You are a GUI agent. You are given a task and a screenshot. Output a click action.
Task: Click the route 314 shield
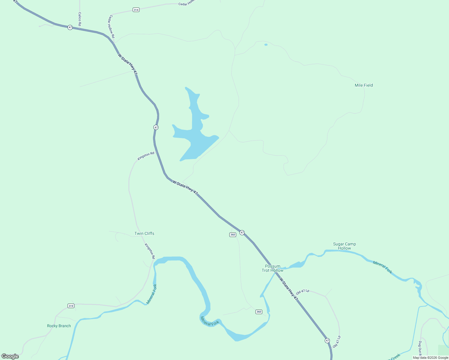136,10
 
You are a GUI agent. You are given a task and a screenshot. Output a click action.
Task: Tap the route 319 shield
71,306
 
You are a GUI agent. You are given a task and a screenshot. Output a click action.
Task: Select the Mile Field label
364,85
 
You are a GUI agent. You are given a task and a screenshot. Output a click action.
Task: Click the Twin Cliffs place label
144,233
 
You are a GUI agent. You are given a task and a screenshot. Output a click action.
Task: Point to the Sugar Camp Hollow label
344,246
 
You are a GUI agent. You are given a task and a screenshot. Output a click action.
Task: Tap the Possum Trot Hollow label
273,268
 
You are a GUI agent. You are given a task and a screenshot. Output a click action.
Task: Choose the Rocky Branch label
59,326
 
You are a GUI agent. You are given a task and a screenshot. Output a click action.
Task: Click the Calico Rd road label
80,19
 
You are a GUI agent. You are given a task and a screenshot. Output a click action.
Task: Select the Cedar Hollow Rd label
111,26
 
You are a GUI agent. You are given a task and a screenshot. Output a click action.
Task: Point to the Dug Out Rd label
420,347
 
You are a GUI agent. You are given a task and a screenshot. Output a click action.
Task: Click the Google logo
10,356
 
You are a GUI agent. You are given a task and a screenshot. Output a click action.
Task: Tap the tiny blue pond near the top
266,45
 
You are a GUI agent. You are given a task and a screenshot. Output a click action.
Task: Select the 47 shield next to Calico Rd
70,27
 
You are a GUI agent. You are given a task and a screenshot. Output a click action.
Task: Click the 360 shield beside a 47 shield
233,235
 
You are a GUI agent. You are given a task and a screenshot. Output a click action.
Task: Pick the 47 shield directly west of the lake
156,127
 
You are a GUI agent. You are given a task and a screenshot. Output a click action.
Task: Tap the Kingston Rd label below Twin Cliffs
149,251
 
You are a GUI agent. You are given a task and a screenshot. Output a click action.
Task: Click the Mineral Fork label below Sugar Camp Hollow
382,267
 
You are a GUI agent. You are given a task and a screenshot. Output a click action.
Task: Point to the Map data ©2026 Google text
430,358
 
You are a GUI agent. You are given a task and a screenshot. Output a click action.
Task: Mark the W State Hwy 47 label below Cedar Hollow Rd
128,64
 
